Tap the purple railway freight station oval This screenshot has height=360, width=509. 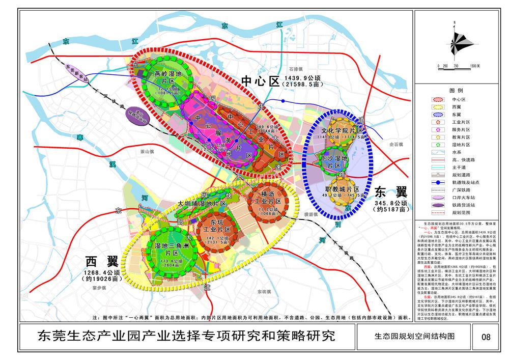click(137, 117)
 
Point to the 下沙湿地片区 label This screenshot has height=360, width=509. click(334, 161)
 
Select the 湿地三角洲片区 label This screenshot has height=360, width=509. click(165, 250)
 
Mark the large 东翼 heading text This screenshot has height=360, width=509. click(391, 192)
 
